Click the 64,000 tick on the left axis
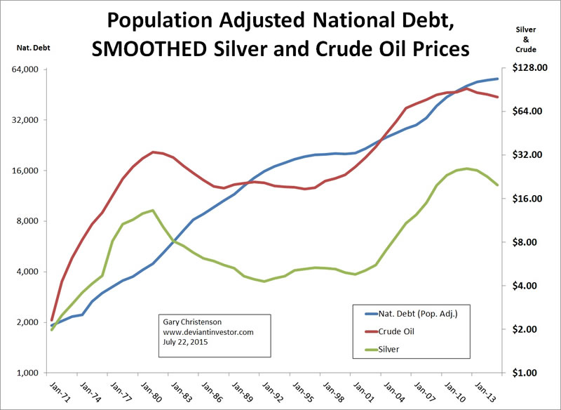click(x=29, y=70)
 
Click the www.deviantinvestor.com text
click(x=208, y=332)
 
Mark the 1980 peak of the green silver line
click(x=153, y=210)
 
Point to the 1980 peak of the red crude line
click(x=153, y=152)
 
